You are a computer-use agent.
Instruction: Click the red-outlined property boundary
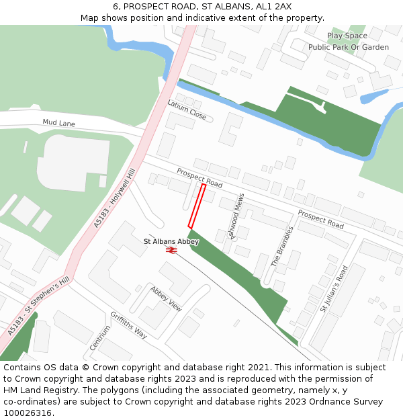click(197, 206)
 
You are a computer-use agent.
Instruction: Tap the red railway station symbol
click(171, 251)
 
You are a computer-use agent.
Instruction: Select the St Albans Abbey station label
click(171, 241)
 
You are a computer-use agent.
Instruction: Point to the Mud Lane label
click(58, 124)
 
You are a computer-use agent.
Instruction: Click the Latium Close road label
click(187, 110)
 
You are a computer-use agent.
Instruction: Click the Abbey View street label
click(166, 298)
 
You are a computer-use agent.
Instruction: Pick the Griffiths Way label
click(129, 325)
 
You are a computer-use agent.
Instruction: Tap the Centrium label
click(100, 337)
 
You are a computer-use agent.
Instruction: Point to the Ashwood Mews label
click(236, 216)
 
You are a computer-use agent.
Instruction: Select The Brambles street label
click(282, 247)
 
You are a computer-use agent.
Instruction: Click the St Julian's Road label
click(334, 289)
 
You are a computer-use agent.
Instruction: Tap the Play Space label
click(347, 36)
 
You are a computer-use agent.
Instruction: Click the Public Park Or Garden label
click(349, 47)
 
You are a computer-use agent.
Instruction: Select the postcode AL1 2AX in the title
click(273, 6)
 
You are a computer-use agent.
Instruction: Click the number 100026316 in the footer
click(27, 413)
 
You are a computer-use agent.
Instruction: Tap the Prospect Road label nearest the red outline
click(199, 178)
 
